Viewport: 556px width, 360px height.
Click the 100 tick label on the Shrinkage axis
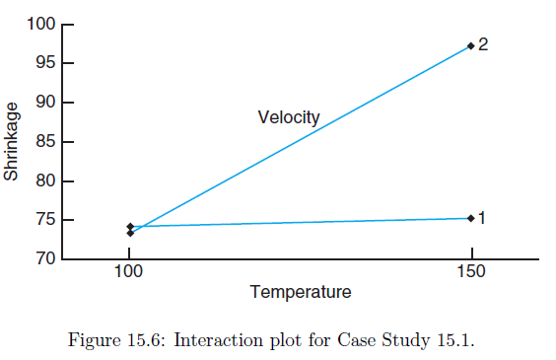pos(41,25)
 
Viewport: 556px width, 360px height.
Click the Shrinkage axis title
pos(12,142)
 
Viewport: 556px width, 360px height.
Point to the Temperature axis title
pos(301,292)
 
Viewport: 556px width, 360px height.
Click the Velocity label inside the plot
pos(289,118)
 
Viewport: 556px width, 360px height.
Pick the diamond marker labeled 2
pos(471,46)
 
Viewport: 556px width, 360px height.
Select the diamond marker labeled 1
pos(471,218)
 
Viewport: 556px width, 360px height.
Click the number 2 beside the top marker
pos(483,45)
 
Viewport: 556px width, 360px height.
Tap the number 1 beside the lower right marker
pos(482,218)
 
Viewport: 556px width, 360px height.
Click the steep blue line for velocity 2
pos(301,139)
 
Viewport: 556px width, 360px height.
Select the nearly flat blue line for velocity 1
pos(301,222)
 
